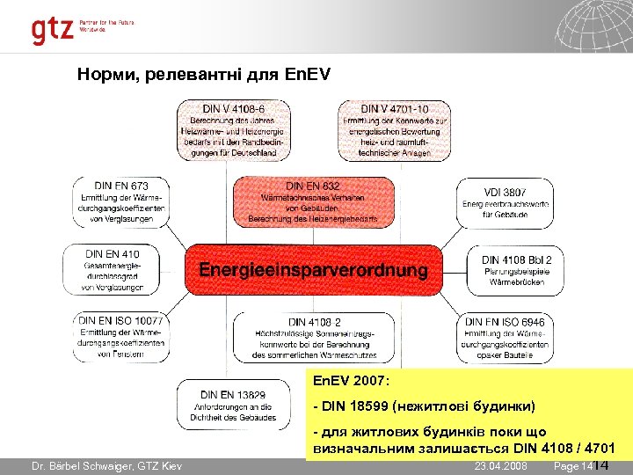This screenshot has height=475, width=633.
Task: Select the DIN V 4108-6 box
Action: click(x=235, y=130)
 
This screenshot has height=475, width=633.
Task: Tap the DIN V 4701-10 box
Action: click(x=394, y=130)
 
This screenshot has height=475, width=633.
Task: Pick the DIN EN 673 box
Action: click(x=121, y=202)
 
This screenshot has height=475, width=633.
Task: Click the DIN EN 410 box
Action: click(x=113, y=268)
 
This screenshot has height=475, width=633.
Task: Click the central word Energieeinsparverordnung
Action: click(x=313, y=270)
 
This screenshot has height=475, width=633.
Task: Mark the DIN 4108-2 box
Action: click(x=313, y=337)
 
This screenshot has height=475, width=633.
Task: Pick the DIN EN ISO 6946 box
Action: click(x=505, y=337)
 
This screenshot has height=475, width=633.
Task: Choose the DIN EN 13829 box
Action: click(x=234, y=406)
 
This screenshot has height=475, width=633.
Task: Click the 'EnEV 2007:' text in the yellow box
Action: click(x=350, y=382)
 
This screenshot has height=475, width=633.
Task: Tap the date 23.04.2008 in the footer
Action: click(x=500, y=465)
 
